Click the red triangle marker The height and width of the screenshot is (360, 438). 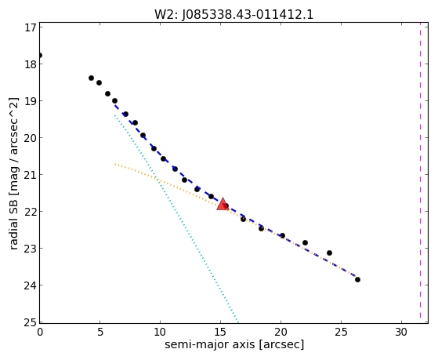pyautogui.click(x=223, y=204)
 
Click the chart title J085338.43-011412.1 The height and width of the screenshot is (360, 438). pyautogui.click(x=234, y=14)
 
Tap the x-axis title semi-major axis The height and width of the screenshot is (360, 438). pyautogui.click(x=234, y=344)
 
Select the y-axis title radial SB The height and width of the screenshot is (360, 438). pyautogui.click(x=13, y=173)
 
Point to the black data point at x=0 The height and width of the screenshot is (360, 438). pyautogui.click(x=39, y=55)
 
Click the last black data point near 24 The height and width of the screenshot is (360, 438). pyautogui.click(x=357, y=279)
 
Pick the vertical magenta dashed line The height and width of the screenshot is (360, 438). pyautogui.click(x=420, y=170)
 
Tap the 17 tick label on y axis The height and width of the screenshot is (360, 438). pyautogui.click(x=30, y=27)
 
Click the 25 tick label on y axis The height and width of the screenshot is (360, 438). pyautogui.click(x=30, y=322)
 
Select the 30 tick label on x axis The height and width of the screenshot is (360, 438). pyautogui.click(x=401, y=332)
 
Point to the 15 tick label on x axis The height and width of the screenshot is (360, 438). pyautogui.click(x=220, y=332)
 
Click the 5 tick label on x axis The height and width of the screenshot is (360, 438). pyautogui.click(x=100, y=332)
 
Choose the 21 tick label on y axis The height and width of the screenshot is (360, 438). pyautogui.click(x=30, y=175)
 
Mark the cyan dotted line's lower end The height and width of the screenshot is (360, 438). pyautogui.click(x=238, y=322)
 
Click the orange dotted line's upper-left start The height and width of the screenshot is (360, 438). pyautogui.click(x=115, y=164)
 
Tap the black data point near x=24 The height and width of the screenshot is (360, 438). pyautogui.click(x=329, y=253)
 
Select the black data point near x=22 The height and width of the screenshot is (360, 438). pyautogui.click(x=305, y=242)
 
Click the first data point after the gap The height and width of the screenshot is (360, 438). pyautogui.click(x=91, y=78)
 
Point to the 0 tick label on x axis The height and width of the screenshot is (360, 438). pyautogui.click(x=40, y=332)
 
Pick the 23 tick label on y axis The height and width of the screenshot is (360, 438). pyautogui.click(x=30, y=249)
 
